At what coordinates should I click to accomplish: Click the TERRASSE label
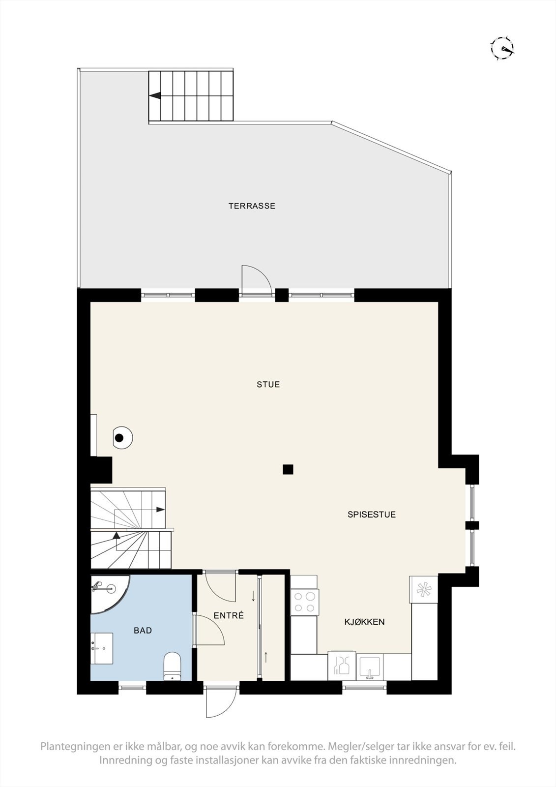pyautogui.click(x=252, y=206)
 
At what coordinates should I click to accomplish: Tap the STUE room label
pyautogui.click(x=268, y=385)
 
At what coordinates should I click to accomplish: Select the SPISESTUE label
pyautogui.click(x=371, y=515)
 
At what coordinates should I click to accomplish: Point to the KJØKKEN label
pyautogui.click(x=364, y=622)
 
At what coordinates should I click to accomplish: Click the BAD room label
pyautogui.click(x=143, y=631)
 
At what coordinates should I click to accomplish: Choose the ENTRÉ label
pyautogui.click(x=229, y=616)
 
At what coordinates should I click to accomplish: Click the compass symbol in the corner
pyautogui.click(x=502, y=48)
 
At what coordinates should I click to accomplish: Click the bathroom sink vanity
pyautogui.click(x=102, y=649)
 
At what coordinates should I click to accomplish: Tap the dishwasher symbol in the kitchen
pyautogui.click(x=342, y=666)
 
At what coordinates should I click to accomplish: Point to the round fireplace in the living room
pyautogui.click(x=121, y=437)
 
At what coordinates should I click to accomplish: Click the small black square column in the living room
pyautogui.click(x=288, y=469)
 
